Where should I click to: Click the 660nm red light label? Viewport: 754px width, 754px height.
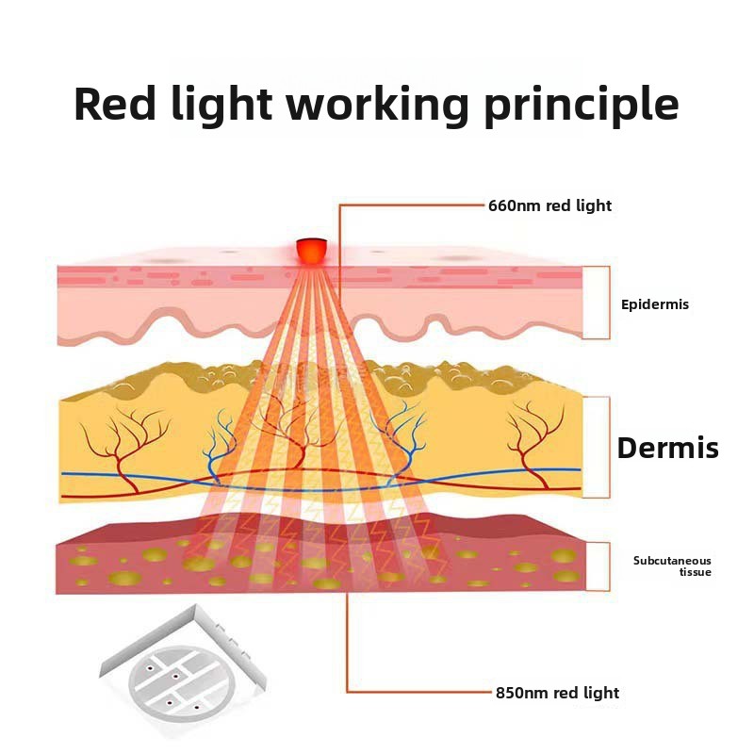tap(549, 205)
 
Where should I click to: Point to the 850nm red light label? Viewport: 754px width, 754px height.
tap(557, 693)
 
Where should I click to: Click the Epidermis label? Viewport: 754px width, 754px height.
tap(655, 304)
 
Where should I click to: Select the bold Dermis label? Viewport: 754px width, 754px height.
tap(667, 449)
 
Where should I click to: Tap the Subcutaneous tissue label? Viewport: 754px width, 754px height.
tap(672, 566)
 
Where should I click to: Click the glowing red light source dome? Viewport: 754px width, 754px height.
tap(311, 251)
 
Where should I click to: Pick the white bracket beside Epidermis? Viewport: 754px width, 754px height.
tap(596, 303)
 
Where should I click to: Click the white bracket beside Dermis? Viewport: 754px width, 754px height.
tap(597, 447)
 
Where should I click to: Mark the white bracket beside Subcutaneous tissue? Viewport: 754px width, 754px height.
tap(597, 566)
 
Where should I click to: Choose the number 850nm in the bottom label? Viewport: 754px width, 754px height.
tap(520, 693)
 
